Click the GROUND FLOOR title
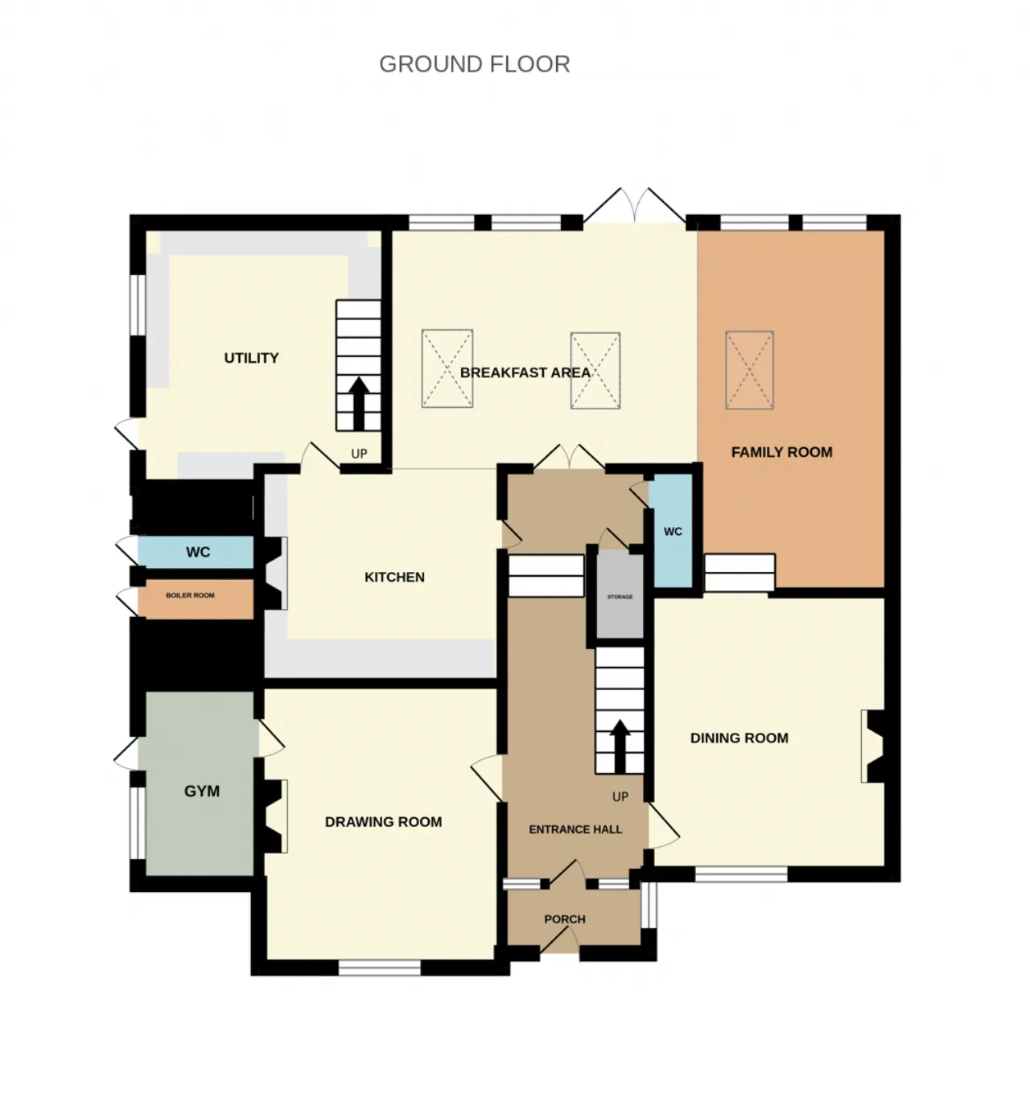coord(474,64)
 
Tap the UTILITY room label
coord(251,358)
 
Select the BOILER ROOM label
coord(190,595)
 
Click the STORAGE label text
coord(620,597)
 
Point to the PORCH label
coord(565,919)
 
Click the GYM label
coord(202,791)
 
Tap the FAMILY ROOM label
coord(782,452)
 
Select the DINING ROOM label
coord(739,738)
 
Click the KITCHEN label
coord(394,577)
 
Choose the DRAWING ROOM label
coord(384,822)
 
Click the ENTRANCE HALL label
coord(575,829)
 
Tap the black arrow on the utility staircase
coord(359,404)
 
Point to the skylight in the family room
coord(750,370)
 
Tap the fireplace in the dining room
coord(872,746)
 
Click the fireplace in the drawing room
coord(275,816)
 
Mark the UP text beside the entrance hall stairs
coord(620,797)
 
